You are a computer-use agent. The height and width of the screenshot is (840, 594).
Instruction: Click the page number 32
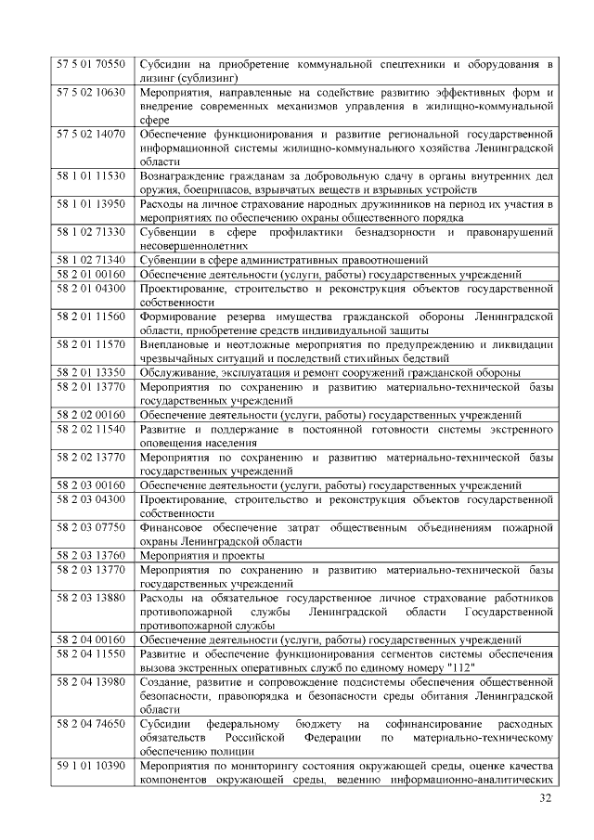point(545,799)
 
